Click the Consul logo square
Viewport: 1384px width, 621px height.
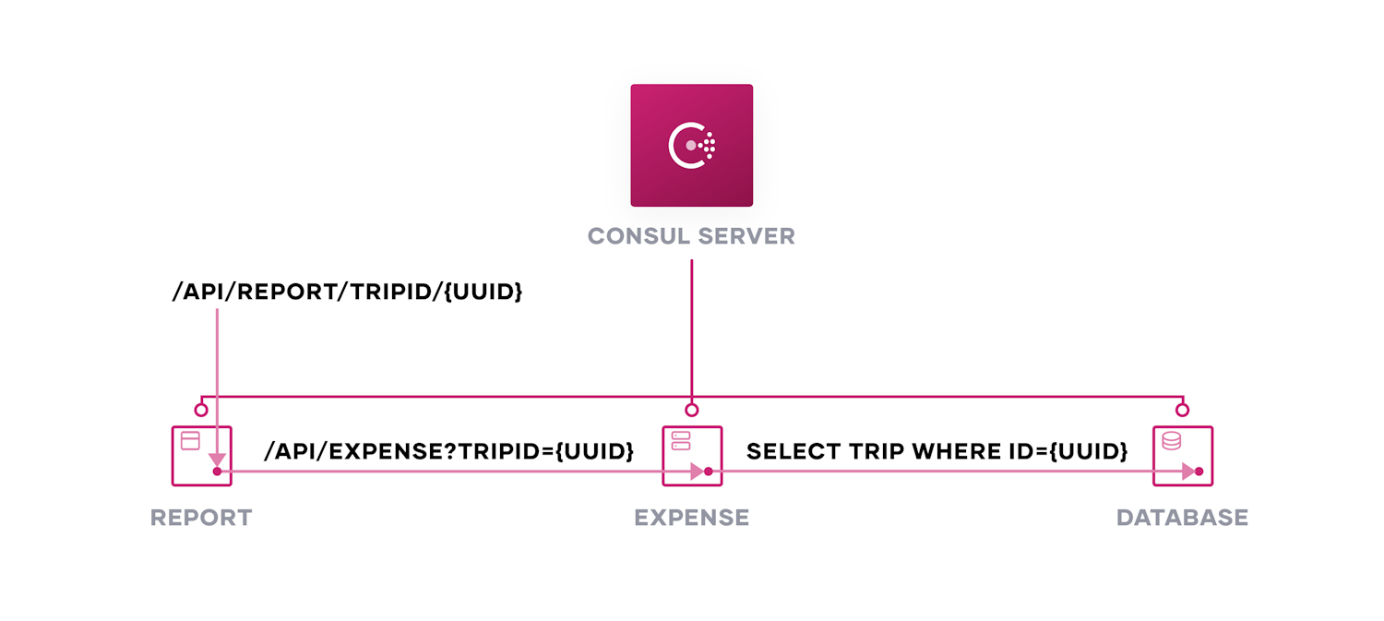691,146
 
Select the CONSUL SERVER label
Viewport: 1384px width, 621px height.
691,236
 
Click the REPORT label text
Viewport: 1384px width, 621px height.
201,518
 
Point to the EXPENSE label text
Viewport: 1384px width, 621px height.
691,518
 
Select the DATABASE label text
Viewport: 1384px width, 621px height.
1182,518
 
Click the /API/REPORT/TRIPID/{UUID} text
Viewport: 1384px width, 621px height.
347,293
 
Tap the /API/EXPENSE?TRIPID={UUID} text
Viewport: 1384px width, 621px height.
448,451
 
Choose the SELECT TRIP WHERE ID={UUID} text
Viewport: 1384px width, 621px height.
937,451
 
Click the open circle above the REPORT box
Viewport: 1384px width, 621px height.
201,410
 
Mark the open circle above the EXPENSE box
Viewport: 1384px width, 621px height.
692,410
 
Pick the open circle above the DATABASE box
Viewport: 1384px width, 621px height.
1182,410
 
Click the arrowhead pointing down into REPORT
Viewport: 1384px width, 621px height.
217,460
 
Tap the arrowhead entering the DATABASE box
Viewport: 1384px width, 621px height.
1188,472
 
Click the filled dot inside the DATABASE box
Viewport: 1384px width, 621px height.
1199,472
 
